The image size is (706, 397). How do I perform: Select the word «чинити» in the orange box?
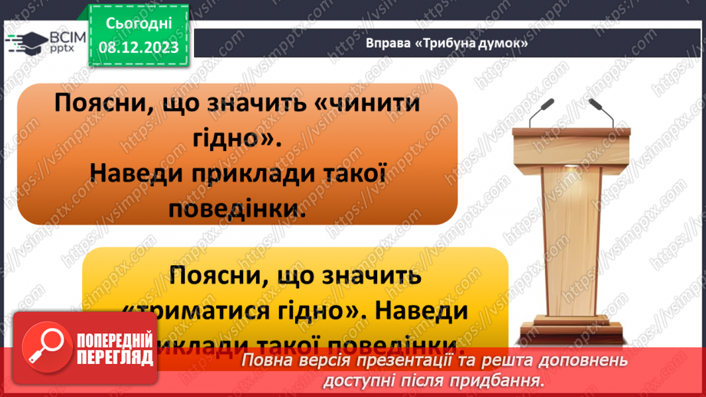pyautogui.click(x=360, y=105)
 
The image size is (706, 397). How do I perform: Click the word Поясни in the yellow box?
pyautogui.click(x=223, y=274)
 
